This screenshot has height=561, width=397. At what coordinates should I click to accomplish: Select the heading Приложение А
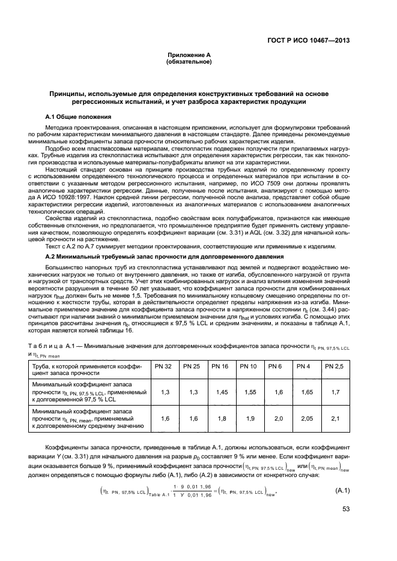[189, 55]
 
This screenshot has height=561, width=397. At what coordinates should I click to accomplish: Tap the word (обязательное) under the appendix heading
[189, 62]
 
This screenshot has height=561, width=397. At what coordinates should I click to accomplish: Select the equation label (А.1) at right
[341, 490]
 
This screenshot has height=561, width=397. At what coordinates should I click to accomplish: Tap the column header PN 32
[163, 367]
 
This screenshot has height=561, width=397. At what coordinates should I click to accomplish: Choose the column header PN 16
[220, 367]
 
